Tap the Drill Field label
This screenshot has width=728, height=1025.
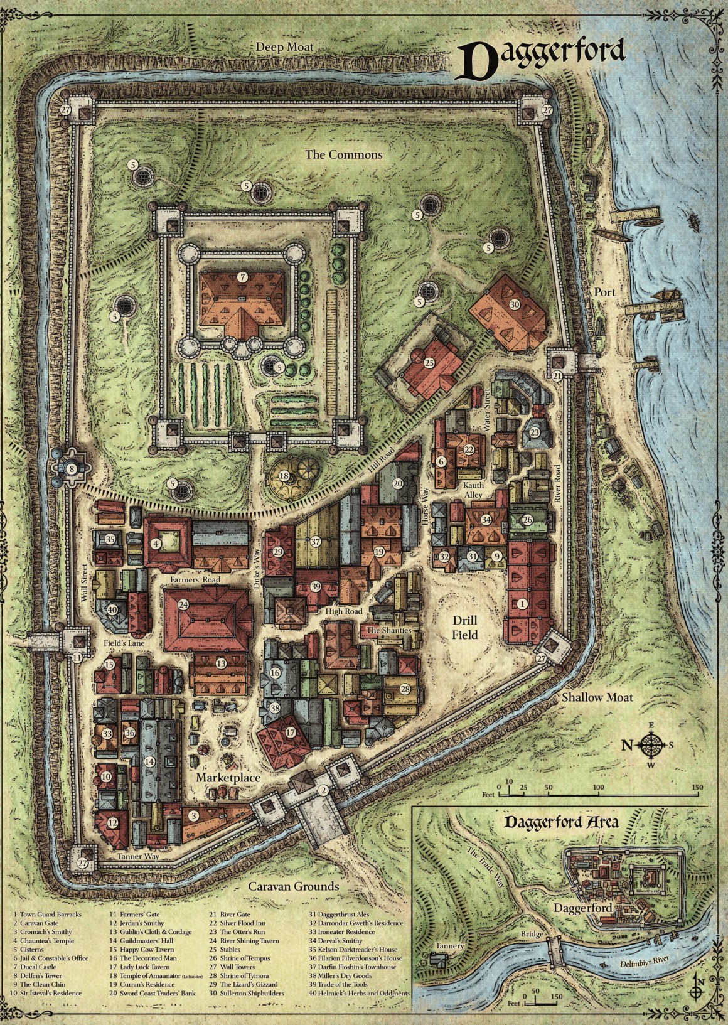tap(465, 627)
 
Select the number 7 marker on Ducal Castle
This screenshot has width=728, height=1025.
tap(243, 277)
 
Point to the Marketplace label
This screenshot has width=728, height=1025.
tap(228, 778)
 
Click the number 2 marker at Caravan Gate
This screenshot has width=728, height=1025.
tap(323, 790)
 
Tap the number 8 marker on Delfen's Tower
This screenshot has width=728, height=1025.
tap(72, 468)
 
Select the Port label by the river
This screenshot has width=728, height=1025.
tap(605, 292)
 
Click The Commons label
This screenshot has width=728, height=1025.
tap(343, 154)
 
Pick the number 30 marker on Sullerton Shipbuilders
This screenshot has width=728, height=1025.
tap(515, 304)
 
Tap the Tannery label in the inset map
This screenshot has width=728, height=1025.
tap(450, 946)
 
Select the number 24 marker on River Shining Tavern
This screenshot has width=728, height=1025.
tap(183, 604)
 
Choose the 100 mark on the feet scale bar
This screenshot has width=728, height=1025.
tap(598, 787)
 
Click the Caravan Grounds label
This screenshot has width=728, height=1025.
tap(293, 886)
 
